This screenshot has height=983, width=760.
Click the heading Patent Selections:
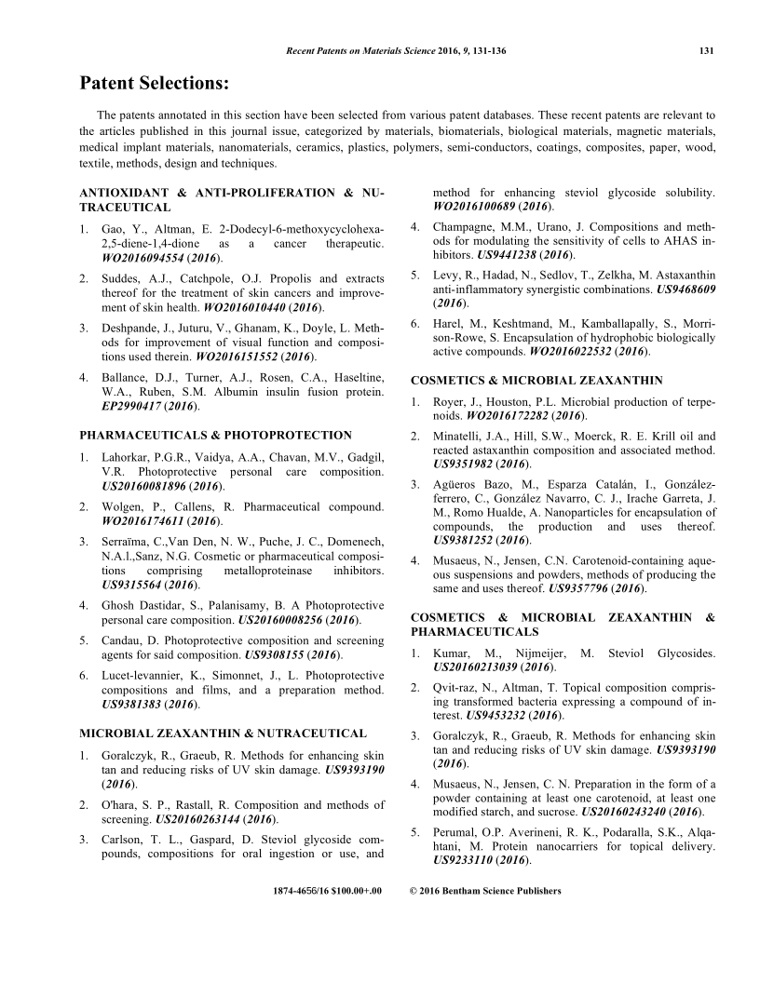click(x=154, y=85)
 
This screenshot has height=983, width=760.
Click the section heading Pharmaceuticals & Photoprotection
click(x=216, y=435)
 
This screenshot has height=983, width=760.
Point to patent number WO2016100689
click(x=478, y=206)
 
